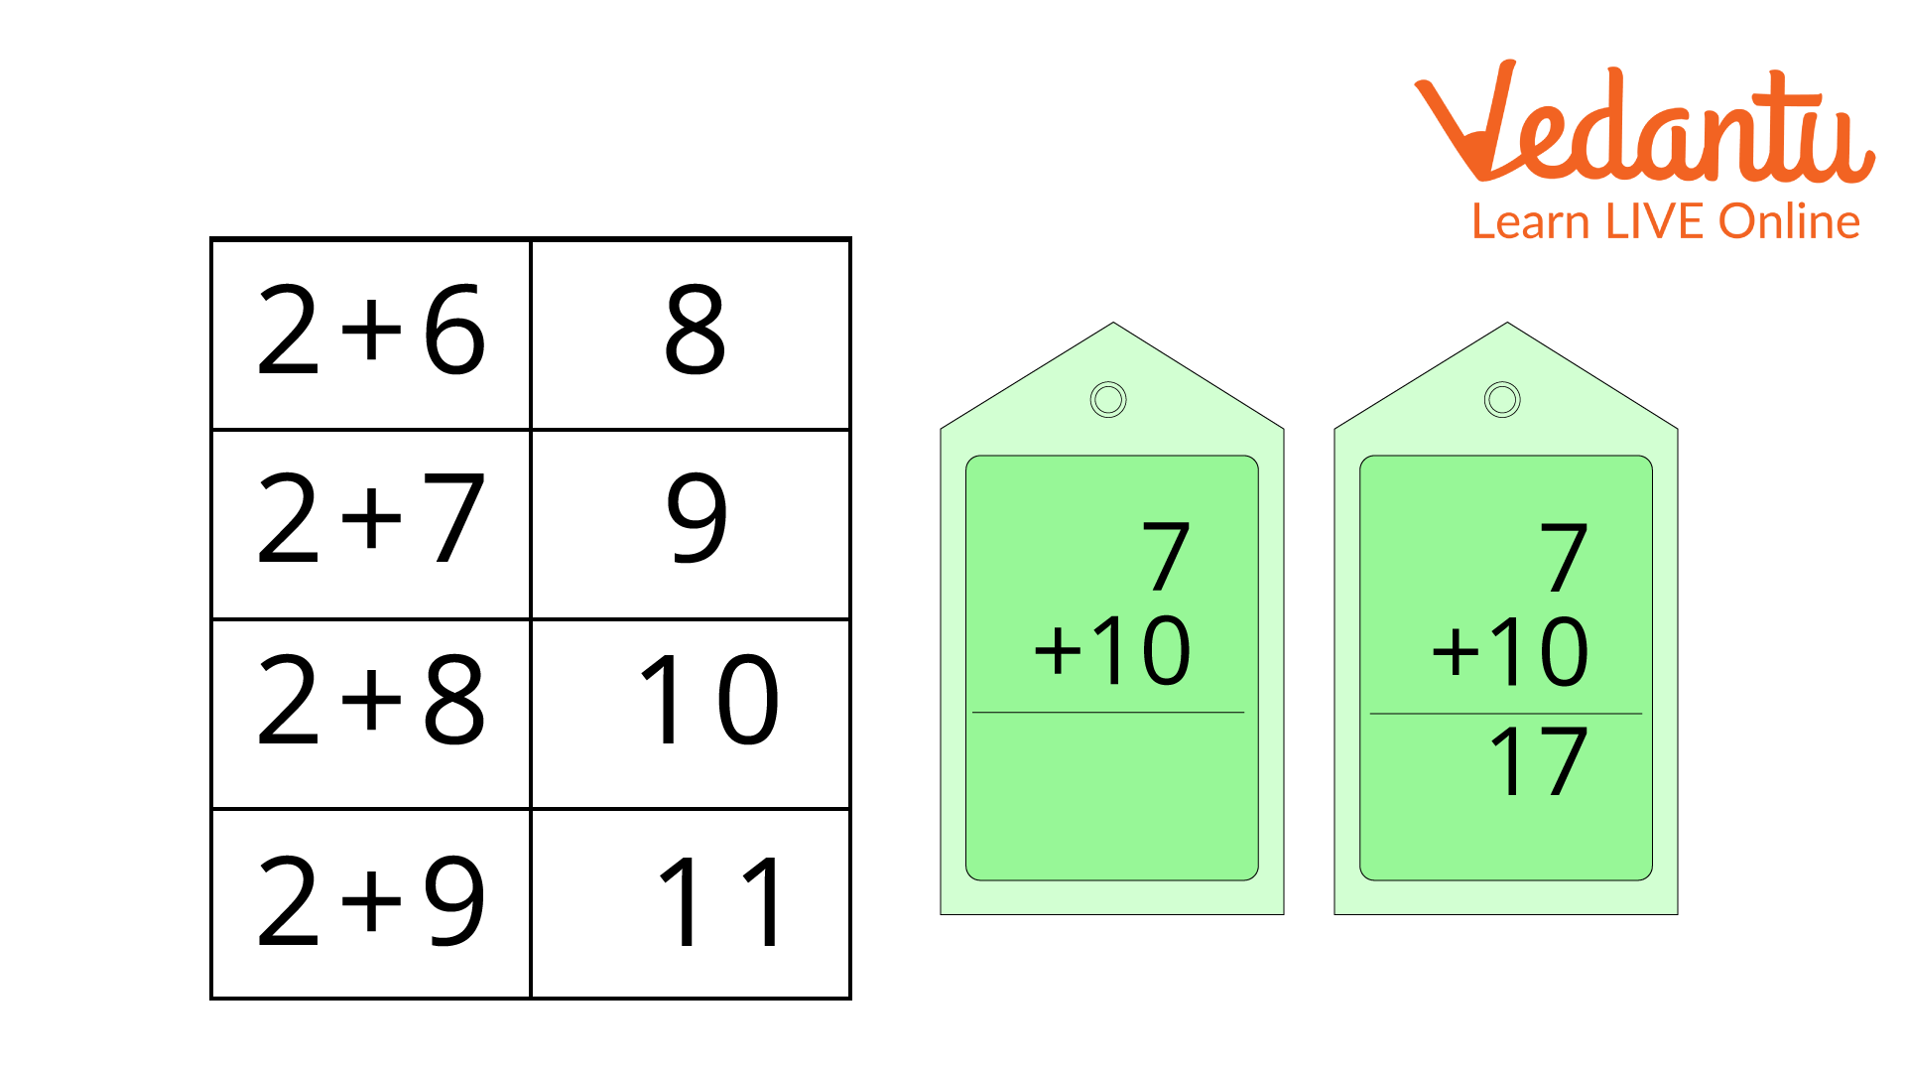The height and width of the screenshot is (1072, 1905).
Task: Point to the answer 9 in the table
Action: [697, 518]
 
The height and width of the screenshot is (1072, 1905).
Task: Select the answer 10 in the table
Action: [708, 701]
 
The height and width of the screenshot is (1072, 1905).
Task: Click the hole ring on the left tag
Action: [1108, 400]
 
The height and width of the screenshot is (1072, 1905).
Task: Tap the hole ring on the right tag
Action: [1502, 400]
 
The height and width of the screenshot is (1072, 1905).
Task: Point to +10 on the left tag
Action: [1111, 652]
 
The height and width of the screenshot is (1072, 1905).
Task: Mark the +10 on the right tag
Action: [1509, 652]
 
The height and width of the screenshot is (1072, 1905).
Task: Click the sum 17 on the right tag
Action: [1538, 762]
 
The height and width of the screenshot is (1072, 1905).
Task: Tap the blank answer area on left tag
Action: [1111, 794]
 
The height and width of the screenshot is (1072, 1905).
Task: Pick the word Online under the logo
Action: [1789, 220]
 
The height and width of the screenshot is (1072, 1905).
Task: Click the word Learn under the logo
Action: [1532, 220]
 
